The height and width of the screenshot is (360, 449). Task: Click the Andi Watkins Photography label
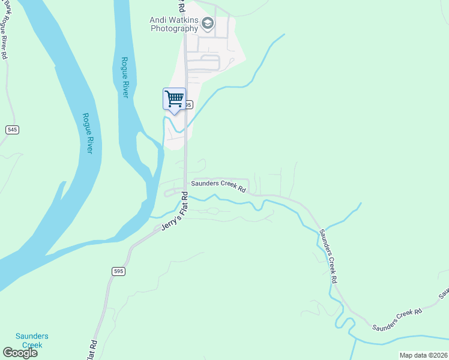click(174, 24)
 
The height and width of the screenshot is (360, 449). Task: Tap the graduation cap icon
click(208, 23)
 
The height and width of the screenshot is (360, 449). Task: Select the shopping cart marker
click(174, 99)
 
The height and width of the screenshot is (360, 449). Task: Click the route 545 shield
click(12, 130)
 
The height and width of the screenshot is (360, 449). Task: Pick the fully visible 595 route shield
click(118, 271)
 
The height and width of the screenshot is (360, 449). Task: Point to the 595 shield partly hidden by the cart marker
click(188, 104)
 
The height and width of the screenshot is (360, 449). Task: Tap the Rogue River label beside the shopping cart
click(125, 77)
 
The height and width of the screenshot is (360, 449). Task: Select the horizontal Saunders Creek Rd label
click(218, 187)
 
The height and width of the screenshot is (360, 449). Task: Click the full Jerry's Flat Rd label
click(175, 212)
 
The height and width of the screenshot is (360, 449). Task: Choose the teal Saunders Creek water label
click(32, 340)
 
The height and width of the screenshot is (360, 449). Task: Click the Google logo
click(20, 353)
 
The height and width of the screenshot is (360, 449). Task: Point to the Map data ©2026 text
click(423, 355)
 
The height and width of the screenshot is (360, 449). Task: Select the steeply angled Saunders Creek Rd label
click(328, 255)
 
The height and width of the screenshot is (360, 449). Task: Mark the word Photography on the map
click(174, 28)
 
